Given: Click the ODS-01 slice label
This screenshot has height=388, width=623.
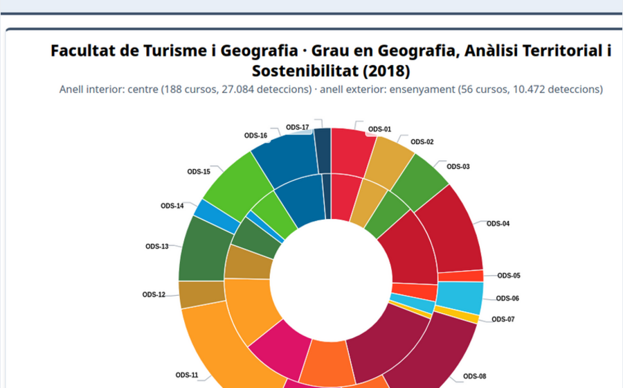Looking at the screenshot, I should (379, 129).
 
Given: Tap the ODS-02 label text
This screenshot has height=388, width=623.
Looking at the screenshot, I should (422, 142).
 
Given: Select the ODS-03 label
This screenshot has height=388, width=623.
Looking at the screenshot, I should (458, 166).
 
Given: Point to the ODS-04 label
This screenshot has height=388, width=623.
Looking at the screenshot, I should (498, 224).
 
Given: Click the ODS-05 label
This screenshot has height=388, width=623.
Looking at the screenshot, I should (508, 276).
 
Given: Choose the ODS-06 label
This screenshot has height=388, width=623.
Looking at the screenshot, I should (507, 299).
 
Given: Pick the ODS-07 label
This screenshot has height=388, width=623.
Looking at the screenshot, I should (503, 319).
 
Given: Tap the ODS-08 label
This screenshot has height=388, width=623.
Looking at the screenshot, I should (474, 376).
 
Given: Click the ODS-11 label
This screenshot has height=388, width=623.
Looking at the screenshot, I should (187, 375).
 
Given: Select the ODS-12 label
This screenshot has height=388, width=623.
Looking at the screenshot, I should (154, 294).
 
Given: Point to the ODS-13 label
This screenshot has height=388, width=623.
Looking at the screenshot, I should (156, 247).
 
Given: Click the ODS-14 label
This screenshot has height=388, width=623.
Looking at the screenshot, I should (172, 206).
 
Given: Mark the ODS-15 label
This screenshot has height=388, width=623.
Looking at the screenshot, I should (199, 172).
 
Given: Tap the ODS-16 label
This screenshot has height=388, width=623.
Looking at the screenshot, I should (255, 136).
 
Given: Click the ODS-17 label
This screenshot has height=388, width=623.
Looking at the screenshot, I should (297, 127).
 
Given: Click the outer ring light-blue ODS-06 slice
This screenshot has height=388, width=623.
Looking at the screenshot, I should (460, 298).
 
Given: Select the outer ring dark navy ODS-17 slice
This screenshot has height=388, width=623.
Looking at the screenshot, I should (322, 150).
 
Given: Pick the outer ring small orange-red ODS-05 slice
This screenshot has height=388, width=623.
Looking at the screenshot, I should (471, 276).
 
